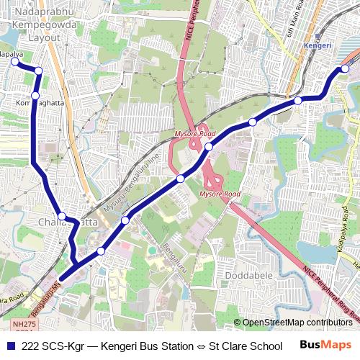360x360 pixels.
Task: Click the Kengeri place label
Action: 319,45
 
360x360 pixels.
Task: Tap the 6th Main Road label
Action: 292,25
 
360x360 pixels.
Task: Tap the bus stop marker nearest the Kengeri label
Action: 345,68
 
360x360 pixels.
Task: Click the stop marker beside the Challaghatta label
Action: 63,216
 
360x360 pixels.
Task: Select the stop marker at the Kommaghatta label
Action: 35,96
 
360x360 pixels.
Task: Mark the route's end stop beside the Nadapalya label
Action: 13,63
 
